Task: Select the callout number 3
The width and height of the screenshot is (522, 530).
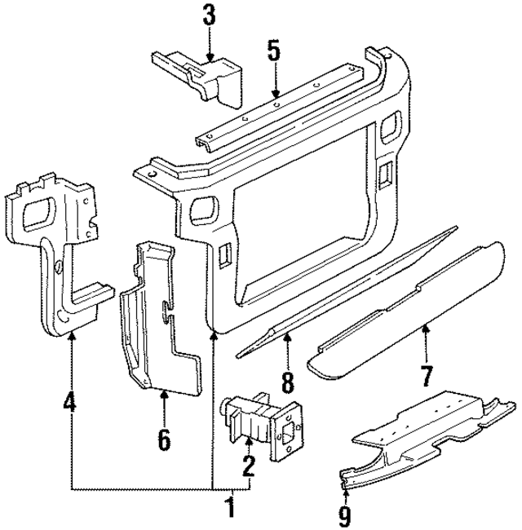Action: pyautogui.click(x=210, y=15)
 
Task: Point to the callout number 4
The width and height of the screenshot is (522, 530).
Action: pyautogui.click(x=72, y=403)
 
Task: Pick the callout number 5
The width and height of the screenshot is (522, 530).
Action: pyautogui.click(x=273, y=51)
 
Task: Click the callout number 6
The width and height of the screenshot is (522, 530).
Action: pyautogui.click(x=164, y=440)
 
